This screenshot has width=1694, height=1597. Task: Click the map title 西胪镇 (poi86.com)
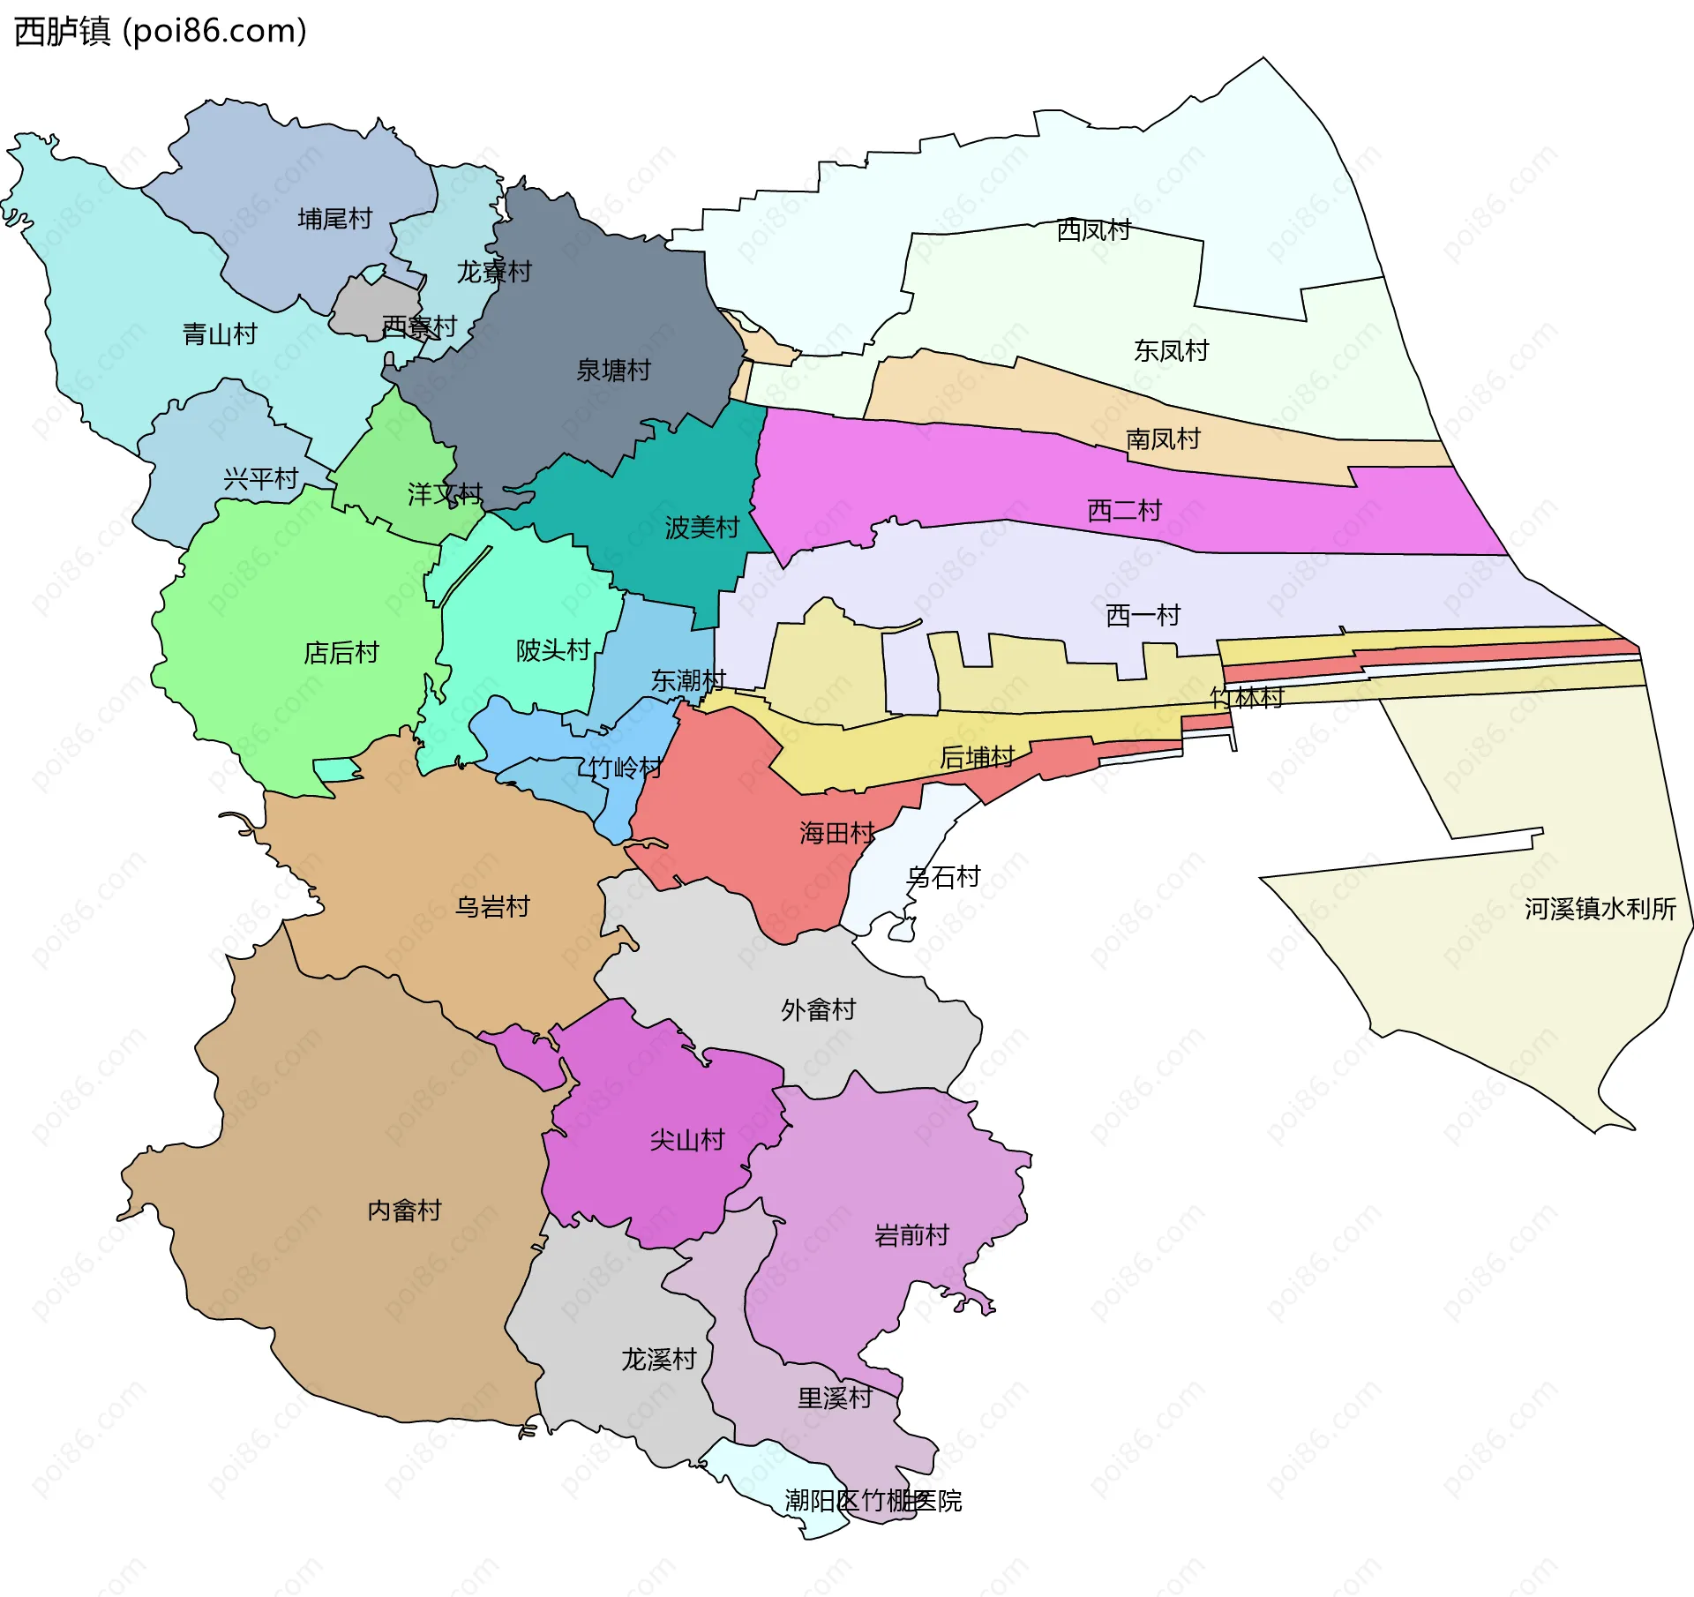(x=160, y=31)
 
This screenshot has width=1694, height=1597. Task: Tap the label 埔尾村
(x=335, y=219)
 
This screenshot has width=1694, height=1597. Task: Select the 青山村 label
(x=220, y=334)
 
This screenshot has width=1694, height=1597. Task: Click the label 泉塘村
(x=613, y=371)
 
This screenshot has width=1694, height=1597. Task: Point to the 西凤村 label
(x=1094, y=230)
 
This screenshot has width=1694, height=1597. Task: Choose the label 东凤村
(x=1171, y=351)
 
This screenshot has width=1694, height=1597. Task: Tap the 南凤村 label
(x=1163, y=439)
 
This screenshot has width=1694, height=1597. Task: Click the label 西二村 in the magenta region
(x=1124, y=511)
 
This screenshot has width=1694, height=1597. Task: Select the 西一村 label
(x=1143, y=616)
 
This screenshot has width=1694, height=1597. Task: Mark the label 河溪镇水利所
(x=1600, y=910)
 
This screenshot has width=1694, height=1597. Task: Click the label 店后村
(x=341, y=653)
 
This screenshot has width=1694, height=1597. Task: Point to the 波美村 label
(x=701, y=529)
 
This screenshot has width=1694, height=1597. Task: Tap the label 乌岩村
(x=492, y=907)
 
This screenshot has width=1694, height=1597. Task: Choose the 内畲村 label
(x=404, y=1211)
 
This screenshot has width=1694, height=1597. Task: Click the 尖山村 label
(x=686, y=1141)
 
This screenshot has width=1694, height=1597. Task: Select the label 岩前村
(x=911, y=1235)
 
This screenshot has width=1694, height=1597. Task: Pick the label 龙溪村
(x=659, y=1360)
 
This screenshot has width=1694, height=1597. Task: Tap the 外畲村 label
(x=818, y=1010)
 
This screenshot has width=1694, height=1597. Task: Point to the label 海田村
(x=836, y=834)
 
